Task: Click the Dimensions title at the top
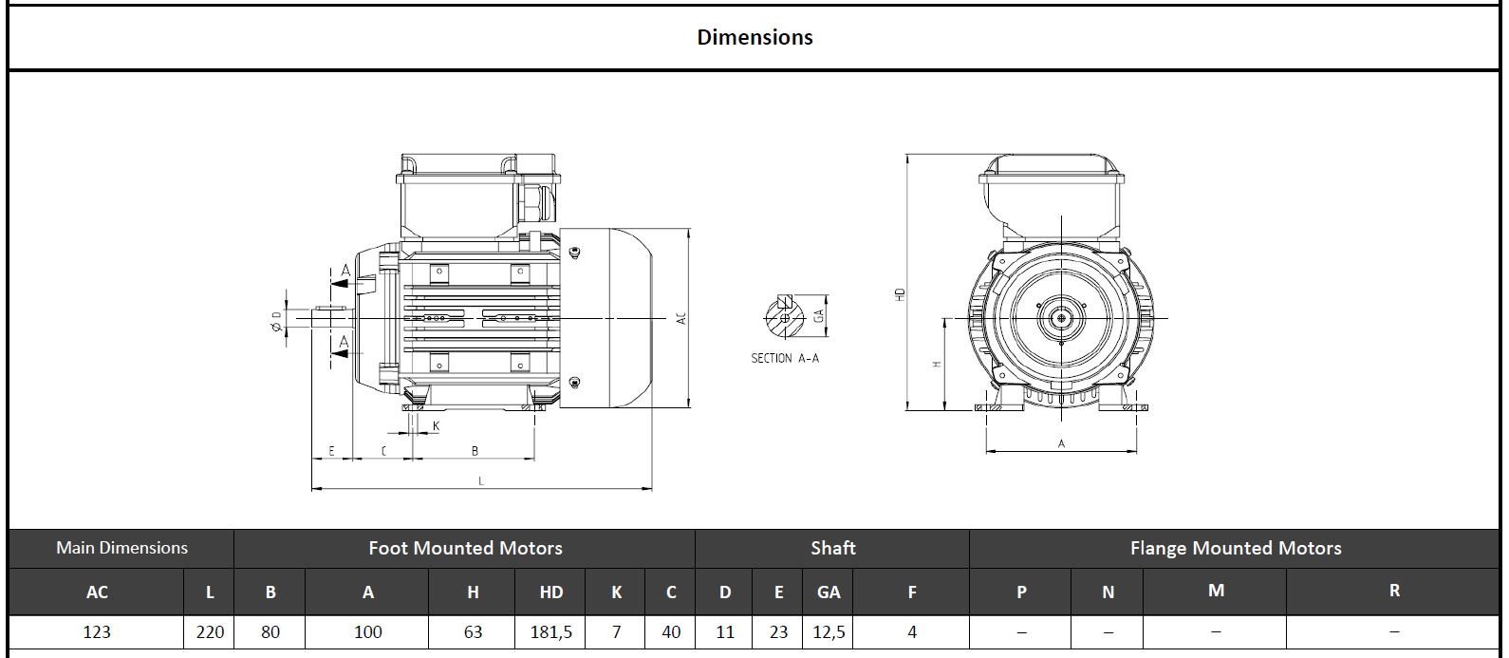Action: [x=754, y=37]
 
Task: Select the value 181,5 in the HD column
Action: [x=550, y=632]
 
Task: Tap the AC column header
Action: [x=97, y=592]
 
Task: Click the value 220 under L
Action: [x=210, y=632]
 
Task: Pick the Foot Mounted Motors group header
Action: [x=465, y=548]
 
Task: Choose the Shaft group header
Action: [x=832, y=548]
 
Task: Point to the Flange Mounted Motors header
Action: [x=1235, y=548]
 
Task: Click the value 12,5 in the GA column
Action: [x=828, y=632]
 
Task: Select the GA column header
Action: [x=828, y=592]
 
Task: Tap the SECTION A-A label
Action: [x=784, y=358]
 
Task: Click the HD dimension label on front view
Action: [x=901, y=295]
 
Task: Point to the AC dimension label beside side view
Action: [x=680, y=319]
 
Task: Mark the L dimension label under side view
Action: [x=481, y=481]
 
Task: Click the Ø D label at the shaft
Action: [x=276, y=321]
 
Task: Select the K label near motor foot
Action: [x=436, y=426]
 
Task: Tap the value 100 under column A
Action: [x=367, y=632]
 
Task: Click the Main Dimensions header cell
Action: [x=121, y=548]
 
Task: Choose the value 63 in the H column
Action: [x=473, y=632]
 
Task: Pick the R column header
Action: [x=1393, y=591]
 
